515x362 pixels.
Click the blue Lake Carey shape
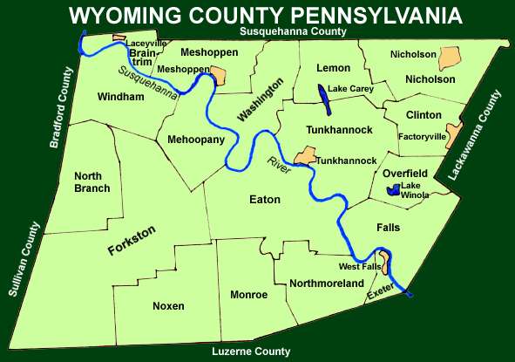tap(324, 99)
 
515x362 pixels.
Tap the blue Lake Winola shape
tap(394, 191)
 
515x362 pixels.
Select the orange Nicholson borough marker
tap(449, 58)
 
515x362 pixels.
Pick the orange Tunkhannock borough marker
tap(305, 156)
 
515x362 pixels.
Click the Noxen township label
tap(168, 306)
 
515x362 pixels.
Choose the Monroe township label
tap(248, 295)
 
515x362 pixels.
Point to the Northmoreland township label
tap(326, 284)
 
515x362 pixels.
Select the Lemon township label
tap(335, 68)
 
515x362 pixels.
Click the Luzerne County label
tap(251, 352)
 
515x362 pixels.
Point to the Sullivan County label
tap(26, 260)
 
